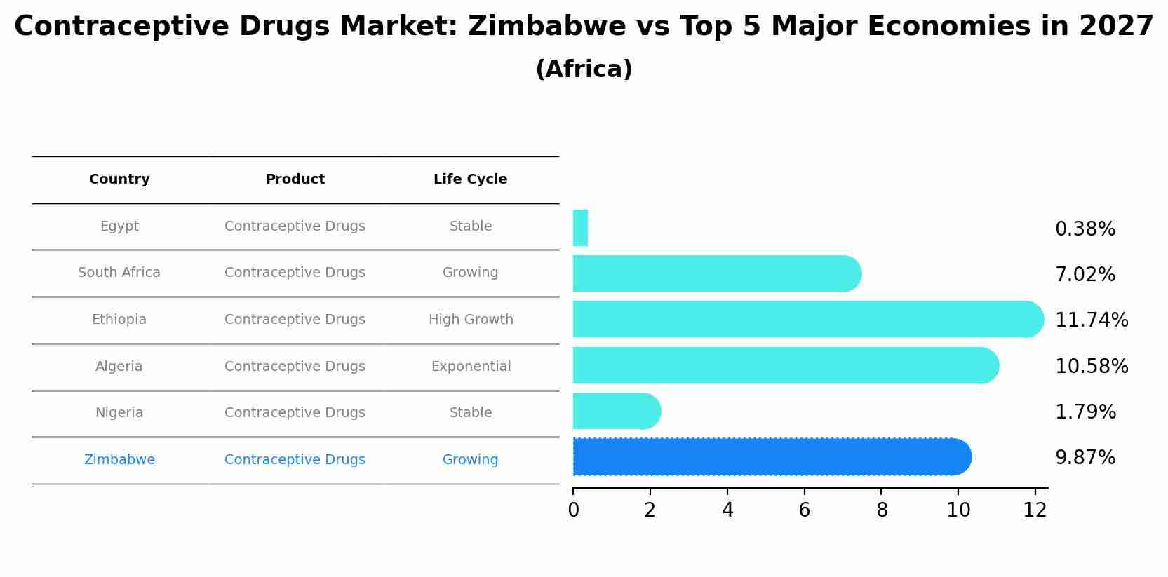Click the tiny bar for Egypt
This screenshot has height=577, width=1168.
click(x=580, y=228)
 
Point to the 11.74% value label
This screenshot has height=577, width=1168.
click(x=1091, y=320)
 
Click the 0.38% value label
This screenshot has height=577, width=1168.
click(x=1085, y=229)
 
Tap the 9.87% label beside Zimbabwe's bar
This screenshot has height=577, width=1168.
click(x=1085, y=458)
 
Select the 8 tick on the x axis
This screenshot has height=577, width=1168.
click(x=882, y=510)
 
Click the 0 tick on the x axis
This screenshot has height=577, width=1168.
click(x=573, y=510)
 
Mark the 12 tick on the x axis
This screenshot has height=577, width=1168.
click(x=1035, y=510)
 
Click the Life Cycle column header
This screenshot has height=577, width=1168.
click(x=470, y=179)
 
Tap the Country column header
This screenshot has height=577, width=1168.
click(x=119, y=179)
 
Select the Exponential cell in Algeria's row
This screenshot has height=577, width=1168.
click(x=471, y=367)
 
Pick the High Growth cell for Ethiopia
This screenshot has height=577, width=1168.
click(x=471, y=320)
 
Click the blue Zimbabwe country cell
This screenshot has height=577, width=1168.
click(x=119, y=460)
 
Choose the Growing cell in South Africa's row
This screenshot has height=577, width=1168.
click(x=470, y=273)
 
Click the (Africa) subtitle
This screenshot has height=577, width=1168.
click(x=584, y=69)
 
